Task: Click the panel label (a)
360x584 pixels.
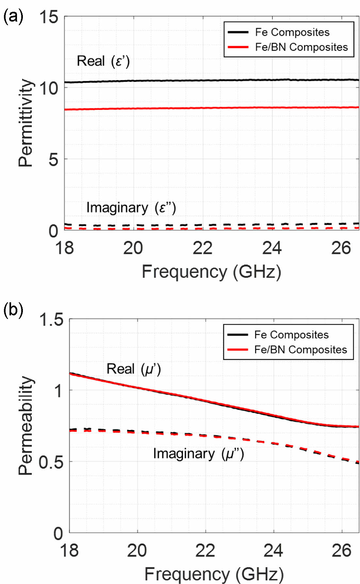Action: coord(13,16)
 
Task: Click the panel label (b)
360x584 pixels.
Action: coord(13,309)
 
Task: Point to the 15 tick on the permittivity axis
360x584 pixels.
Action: coord(49,17)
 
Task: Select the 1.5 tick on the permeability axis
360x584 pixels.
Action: coord(51,319)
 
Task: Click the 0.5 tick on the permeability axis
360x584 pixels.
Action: coord(51,462)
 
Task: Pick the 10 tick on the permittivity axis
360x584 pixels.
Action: coord(49,88)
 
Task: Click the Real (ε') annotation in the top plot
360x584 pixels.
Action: coord(103,61)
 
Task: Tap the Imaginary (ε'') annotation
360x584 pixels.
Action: coord(131,208)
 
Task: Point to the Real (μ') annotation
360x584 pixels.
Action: coord(134,369)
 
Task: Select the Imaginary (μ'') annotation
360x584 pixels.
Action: coord(199,454)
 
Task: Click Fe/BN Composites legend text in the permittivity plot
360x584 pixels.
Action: coord(301,47)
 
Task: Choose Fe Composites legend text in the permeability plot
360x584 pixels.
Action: coord(291,335)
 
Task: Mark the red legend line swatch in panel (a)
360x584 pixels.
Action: coord(238,47)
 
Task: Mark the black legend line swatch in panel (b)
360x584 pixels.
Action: coord(237,335)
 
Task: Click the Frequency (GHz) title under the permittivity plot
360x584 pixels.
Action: coord(211,272)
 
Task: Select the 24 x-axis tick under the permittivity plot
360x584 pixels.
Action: coord(272,248)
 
